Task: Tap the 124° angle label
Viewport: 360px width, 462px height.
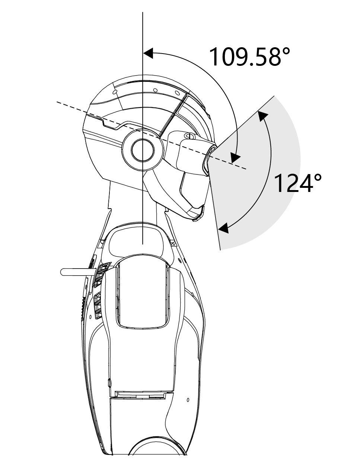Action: tap(297, 183)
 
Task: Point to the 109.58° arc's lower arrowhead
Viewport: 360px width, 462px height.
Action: tap(235, 158)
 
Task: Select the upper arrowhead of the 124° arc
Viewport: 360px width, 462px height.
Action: tap(262, 116)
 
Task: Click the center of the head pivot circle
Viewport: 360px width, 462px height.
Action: tap(143, 150)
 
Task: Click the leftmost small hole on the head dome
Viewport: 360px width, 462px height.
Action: tap(115, 92)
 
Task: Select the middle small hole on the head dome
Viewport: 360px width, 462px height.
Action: tap(156, 90)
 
